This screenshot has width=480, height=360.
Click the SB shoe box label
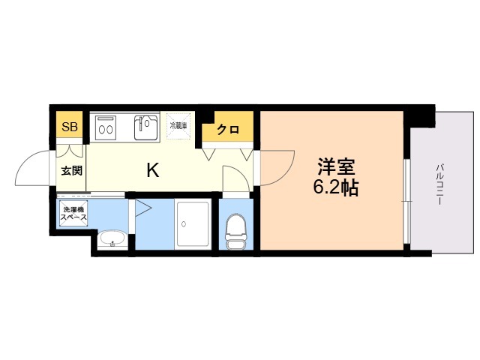coord(68,127)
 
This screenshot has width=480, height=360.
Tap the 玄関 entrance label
coord(72,170)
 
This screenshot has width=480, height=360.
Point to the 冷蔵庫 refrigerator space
coord(179,126)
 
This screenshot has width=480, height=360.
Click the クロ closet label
coord(228,130)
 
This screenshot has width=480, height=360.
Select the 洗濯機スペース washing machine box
coord(73,214)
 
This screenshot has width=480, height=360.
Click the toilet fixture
coord(236,228)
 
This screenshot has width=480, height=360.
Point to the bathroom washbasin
coord(112,240)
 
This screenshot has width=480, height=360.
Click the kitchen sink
coord(146,127)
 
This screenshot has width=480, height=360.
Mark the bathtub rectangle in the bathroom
coord(193,223)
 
